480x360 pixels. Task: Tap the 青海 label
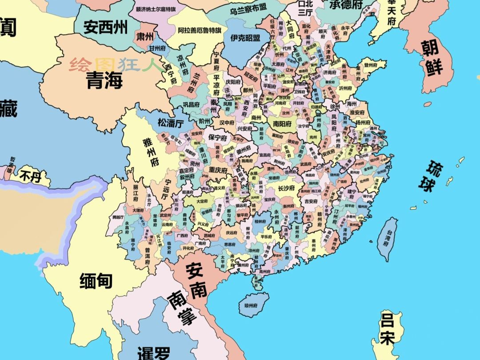click(x=104, y=80)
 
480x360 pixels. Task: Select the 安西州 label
click(x=105, y=28)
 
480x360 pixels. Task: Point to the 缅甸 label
click(x=96, y=281)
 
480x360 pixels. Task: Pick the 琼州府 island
click(x=251, y=305)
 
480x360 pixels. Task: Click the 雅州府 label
click(x=150, y=151)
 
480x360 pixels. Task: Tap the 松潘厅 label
click(x=170, y=123)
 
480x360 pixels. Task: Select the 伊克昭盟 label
click(x=245, y=38)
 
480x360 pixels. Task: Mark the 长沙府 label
click(x=286, y=188)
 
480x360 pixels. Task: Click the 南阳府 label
click(x=282, y=124)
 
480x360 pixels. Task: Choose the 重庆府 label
click(x=218, y=170)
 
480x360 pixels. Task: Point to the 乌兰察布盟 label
click(x=248, y=8)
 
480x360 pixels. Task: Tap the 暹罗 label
click(x=153, y=353)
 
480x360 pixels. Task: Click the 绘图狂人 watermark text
click(x=116, y=65)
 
